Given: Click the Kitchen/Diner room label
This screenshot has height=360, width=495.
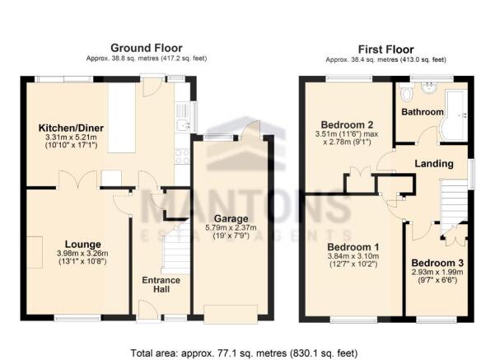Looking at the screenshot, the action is pos(71,128).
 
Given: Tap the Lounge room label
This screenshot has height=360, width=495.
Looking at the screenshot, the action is pos(82,244).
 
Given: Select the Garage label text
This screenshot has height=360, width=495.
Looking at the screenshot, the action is pos(231,218).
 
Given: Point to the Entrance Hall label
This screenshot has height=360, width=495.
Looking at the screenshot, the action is pos(161,284).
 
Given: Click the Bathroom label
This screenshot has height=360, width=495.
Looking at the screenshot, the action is pos(423,112).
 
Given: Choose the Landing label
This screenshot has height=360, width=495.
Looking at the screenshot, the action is pos(434,164).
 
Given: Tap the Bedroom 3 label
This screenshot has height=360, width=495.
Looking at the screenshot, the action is pos(437,263).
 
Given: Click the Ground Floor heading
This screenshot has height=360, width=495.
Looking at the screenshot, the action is pos(147,48).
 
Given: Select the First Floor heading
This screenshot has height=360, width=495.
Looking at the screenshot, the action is pos(385,49).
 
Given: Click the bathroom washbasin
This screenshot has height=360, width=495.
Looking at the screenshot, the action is pos(429,87).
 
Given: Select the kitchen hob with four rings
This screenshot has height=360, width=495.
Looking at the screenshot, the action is pos(182,156).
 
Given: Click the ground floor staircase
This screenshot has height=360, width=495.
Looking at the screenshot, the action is pos(176,247).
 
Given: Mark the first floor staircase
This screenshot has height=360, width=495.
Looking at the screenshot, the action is pos(454,206).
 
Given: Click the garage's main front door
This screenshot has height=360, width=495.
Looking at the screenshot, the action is pos(231,314).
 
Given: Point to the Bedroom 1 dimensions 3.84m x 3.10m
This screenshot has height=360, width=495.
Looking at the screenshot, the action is pos(353,256).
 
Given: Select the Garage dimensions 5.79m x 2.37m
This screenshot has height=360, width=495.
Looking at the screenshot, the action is pos(231,227).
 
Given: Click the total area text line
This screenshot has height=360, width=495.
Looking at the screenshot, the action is pos(244,353).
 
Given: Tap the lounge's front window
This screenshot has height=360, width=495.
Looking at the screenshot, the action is pos(77,318).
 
